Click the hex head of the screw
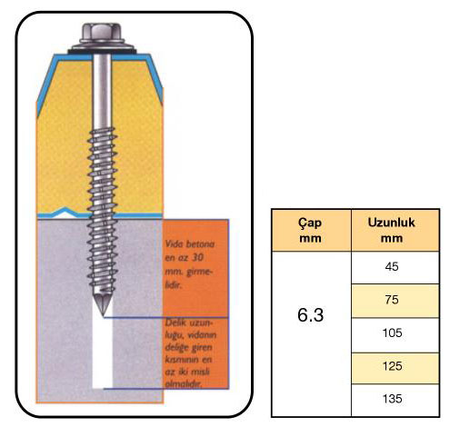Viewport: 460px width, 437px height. [102, 33]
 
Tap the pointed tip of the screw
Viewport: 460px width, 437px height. [104, 316]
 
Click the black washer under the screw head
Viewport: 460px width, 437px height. [102, 48]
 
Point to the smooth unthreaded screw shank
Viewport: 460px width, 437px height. [102, 91]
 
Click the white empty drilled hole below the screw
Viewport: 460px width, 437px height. [103, 353]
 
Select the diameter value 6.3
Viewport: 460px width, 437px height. [311, 314]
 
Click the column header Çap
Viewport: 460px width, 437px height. [310, 223]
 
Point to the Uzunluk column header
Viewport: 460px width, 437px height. [391, 223]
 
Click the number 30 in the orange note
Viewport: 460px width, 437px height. [197, 257]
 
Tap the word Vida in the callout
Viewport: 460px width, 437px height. [174, 243]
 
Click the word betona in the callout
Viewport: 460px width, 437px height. [200, 244]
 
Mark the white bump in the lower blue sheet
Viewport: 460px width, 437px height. [65, 214]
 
